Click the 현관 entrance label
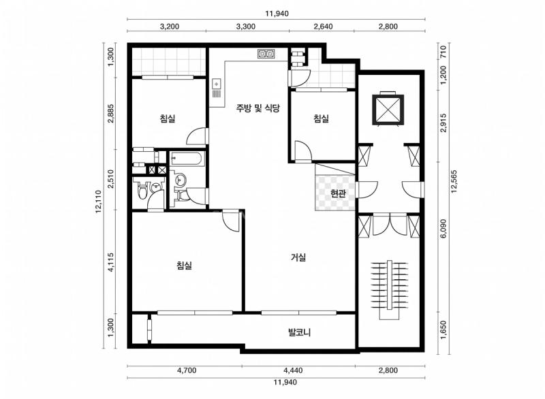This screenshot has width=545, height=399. [338, 193]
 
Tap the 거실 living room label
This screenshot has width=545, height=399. [298, 257]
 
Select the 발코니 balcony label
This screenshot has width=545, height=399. [299, 332]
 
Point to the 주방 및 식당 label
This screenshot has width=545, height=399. [258, 108]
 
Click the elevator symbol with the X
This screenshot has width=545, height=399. [388, 110]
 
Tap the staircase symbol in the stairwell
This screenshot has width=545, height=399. [389, 289]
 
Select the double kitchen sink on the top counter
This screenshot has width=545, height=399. [266, 54]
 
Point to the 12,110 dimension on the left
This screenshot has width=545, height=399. [98, 202]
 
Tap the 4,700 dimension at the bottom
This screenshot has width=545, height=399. [187, 370]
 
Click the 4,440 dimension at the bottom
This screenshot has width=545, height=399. [293, 370]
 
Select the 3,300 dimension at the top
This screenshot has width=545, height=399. [246, 27]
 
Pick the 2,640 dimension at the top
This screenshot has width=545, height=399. [323, 27]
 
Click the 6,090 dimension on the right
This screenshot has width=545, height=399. [443, 229]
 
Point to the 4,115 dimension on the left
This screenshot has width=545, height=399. [110, 262]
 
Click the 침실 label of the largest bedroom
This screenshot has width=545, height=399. [184, 266]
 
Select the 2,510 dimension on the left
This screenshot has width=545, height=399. [110, 179]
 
